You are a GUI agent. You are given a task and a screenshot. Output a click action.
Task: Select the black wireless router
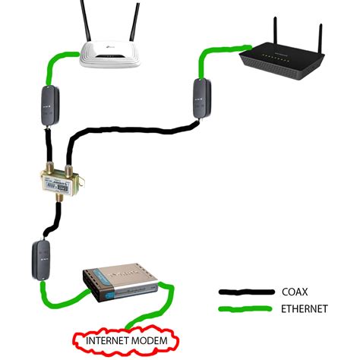[x=282, y=56]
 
